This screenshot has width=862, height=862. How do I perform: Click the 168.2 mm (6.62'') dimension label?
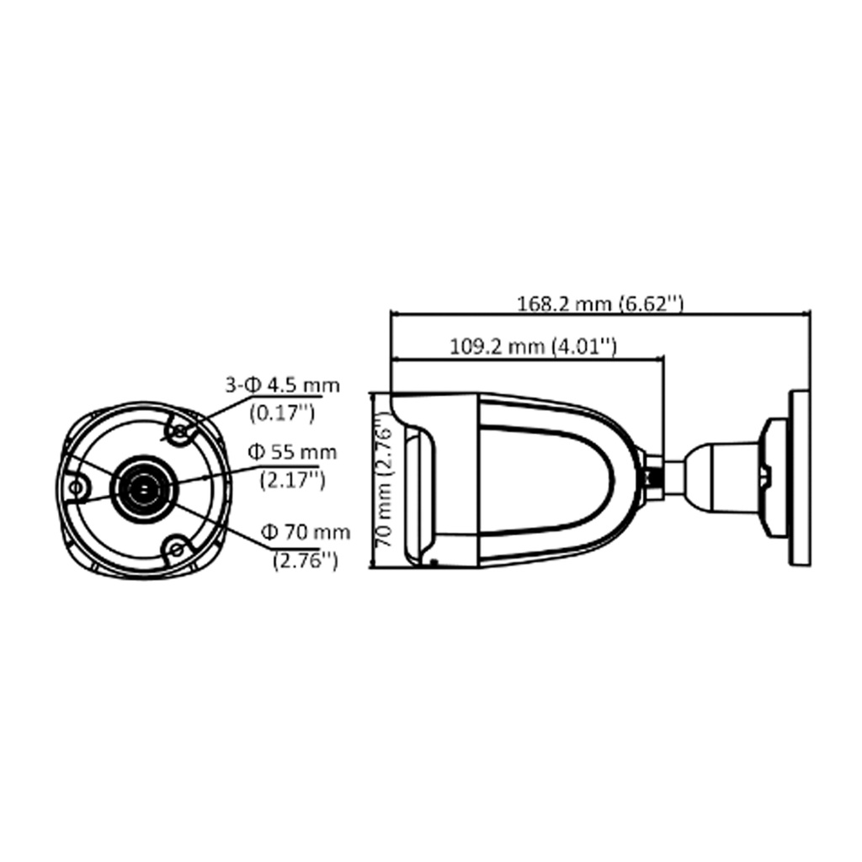point(600,303)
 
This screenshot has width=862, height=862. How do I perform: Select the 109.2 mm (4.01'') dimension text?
point(533,346)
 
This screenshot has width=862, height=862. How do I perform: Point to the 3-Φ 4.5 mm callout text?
point(283,385)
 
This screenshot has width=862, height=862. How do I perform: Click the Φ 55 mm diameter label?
point(292,452)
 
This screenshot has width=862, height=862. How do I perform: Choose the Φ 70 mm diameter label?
point(305,532)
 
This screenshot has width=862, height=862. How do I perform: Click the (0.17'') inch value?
point(282,412)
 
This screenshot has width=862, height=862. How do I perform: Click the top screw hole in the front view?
point(180,432)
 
